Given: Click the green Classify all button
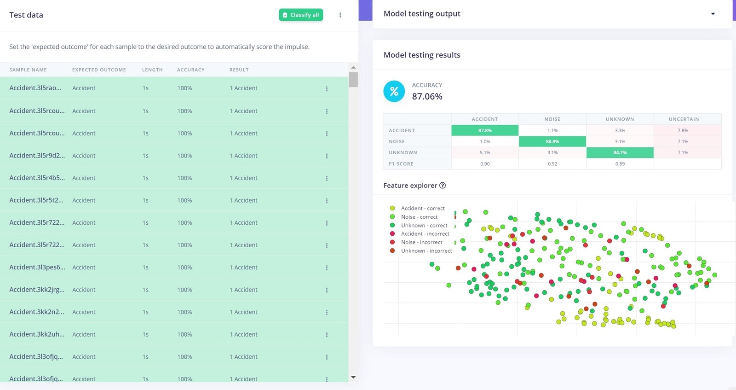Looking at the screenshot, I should coord(301,15).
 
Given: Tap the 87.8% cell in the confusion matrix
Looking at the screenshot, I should coord(485,130).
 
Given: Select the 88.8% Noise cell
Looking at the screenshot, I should coord(552,141).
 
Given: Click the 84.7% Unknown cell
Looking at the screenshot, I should coord(620,152).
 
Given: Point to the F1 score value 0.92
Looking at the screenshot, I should coord(552,164).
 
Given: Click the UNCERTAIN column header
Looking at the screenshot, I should coord(684,119).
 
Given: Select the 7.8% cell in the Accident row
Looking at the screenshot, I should coord(683,130).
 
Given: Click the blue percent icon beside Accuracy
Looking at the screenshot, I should coord(394,91).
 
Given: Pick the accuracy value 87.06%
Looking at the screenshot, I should coord(427,96).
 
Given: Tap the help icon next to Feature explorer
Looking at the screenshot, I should coord(443,186).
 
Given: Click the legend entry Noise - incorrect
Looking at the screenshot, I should coord(421,242).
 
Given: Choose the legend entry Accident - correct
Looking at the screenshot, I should coord(422,208).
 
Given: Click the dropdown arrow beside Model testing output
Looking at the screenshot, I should coord(713,14).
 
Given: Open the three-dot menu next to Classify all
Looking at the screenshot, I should coord(340,15).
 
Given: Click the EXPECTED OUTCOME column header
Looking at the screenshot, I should coord(99,70).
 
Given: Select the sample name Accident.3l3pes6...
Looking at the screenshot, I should coord(37,267).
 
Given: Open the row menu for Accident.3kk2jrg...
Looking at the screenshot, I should coord(327,290).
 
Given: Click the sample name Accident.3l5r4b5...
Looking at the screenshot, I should coord(37,178).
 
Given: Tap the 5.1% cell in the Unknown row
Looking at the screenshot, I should coord(485,152).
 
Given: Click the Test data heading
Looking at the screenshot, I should coord(26,15).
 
